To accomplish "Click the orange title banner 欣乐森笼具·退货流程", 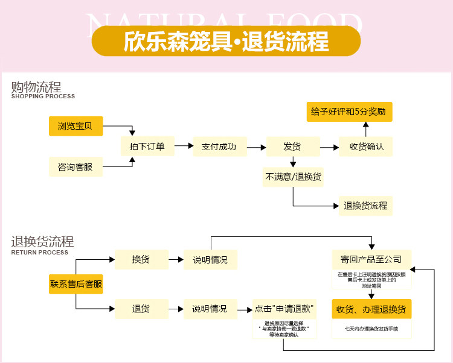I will [226, 41].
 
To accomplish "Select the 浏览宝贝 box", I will [75, 126].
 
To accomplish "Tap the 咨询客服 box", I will [75, 166].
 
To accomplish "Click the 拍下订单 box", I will [147, 147].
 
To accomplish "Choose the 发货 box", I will [292, 147].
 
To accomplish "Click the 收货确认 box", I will [366, 147].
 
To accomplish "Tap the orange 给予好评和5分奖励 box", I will [349, 112].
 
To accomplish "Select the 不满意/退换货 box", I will [293, 177].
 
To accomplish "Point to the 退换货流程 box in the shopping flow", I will [365, 206].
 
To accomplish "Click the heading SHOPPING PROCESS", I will [43, 96].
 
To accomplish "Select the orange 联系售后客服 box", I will [75, 284].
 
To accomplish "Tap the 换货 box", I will [141, 259].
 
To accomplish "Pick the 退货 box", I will [141, 309].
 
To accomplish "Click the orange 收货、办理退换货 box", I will [371, 309].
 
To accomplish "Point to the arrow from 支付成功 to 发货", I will [257, 147].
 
